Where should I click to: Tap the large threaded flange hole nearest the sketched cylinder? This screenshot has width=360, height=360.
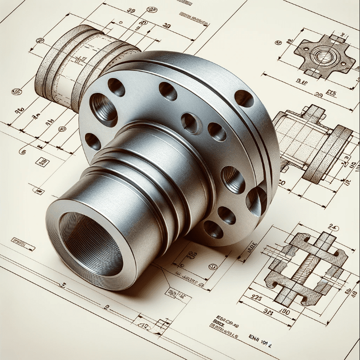(x=103, y=108)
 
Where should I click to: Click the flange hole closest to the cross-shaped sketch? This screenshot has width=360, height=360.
(x=244, y=98)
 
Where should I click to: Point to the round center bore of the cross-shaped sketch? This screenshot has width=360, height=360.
(x=323, y=55)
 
